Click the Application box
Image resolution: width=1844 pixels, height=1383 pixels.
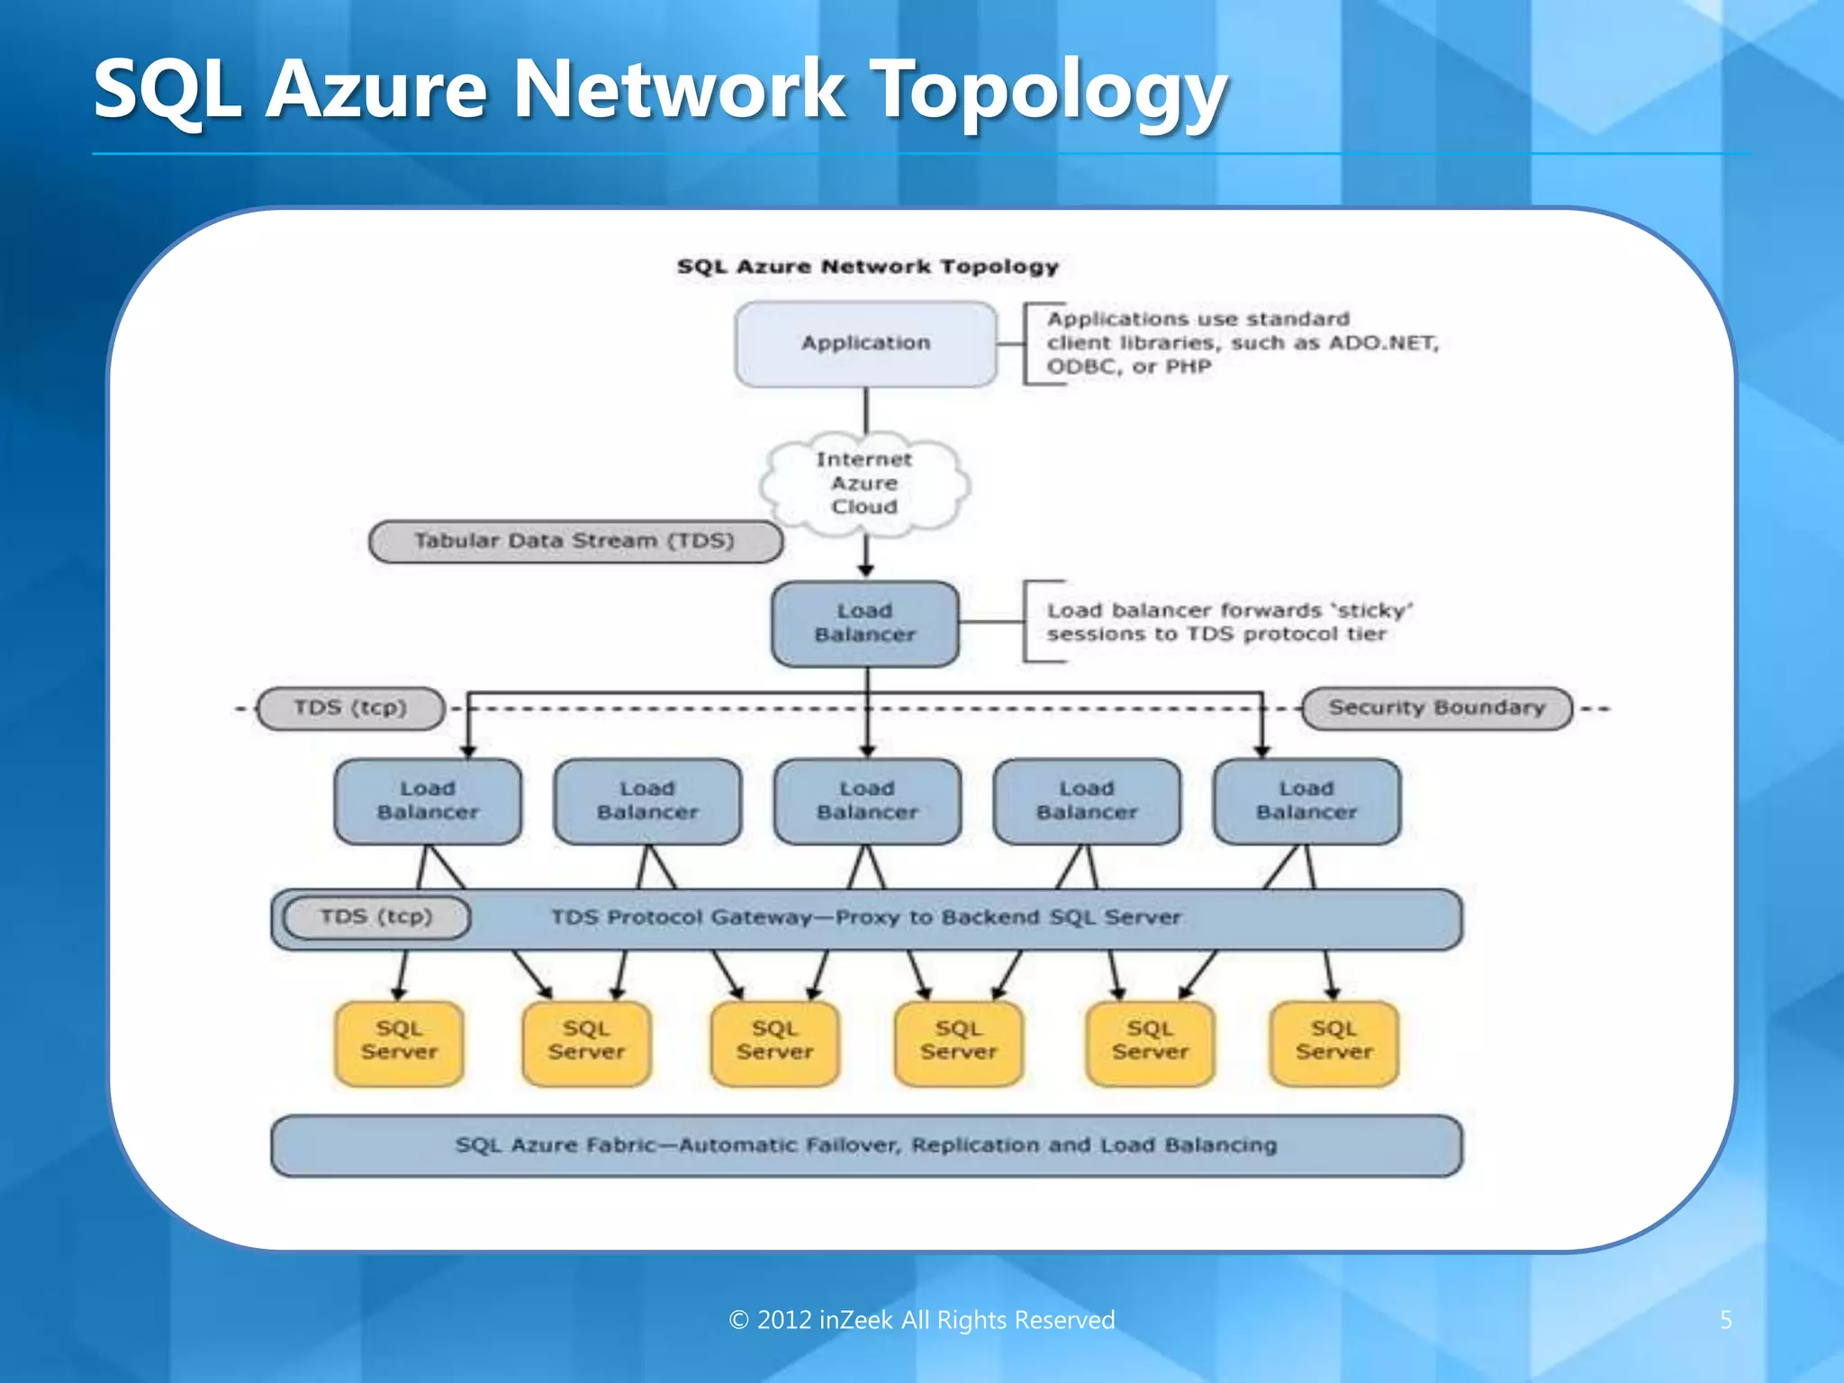tap(865, 344)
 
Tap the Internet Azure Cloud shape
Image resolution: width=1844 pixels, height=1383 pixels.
tap(864, 484)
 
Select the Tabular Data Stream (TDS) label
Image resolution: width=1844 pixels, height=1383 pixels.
tap(575, 541)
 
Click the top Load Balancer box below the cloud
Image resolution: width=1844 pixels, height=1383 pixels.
tap(864, 623)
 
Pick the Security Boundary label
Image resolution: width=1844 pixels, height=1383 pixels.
tap(1436, 708)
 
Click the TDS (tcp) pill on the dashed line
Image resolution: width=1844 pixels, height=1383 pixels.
tap(350, 708)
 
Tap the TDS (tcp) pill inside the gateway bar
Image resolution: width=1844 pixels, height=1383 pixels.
tap(376, 917)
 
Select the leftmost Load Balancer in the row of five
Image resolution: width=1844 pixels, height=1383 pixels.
tap(428, 800)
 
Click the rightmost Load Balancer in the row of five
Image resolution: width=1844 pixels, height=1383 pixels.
tap(1306, 800)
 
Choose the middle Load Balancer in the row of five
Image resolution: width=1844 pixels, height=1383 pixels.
tap(867, 800)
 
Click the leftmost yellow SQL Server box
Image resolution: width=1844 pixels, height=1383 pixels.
tap(399, 1042)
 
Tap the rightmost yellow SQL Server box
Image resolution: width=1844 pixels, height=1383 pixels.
tap(1333, 1042)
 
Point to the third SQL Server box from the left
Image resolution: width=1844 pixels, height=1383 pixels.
tap(774, 1042)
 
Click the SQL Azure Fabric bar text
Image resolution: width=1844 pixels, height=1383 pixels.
tap(865, 1145)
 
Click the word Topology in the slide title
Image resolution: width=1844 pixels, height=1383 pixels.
tap(1050, 90)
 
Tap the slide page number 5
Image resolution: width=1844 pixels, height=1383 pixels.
tap(1725, 1320)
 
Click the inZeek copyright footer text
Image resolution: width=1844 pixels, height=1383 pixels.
tap(921, 1320)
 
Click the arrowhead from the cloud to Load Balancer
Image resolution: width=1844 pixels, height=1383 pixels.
tap(866, 570)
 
